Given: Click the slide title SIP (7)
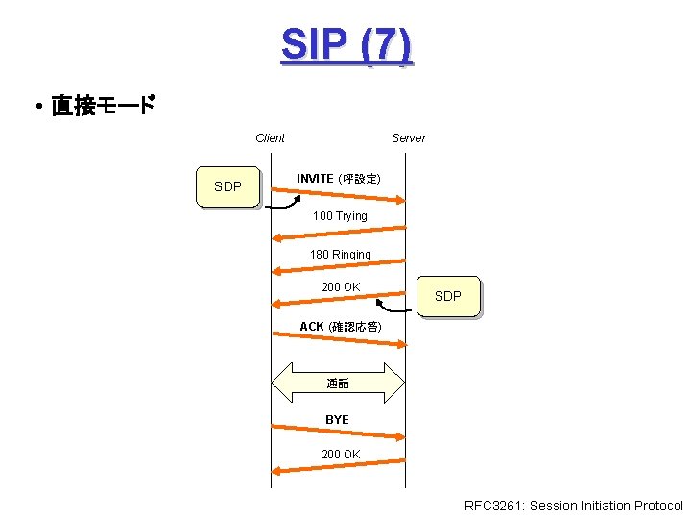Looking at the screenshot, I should tap(346, 44).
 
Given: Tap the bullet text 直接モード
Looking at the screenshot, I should tap(102, 106).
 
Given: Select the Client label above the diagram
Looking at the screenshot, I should tap(270, 137).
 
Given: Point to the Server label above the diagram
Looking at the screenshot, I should tap(408, 137).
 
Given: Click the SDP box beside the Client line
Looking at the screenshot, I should tap(227, 186).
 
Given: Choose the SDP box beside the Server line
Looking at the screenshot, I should tap(447, 296).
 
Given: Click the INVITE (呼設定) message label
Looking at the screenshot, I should tap(338, 179).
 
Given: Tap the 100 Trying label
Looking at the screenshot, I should tap(340, 216).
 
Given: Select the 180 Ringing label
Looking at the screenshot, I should tap(340, 255).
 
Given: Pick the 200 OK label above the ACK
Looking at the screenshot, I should tap(341, 287).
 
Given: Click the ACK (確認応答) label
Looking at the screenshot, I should tap(340, 327).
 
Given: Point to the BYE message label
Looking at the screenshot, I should tap(337, 420).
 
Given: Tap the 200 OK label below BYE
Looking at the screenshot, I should tap(341, 454).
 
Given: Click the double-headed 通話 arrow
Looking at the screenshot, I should tap(338, 383).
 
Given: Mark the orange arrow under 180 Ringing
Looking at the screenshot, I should tap(338, 268).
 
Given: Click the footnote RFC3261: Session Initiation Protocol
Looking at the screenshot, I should tap(573, 506).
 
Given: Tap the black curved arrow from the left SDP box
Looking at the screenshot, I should tap(283, 205).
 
